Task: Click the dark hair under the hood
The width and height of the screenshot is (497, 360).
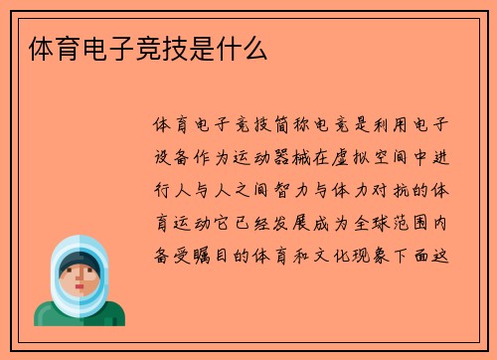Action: click(x=80, y=262)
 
